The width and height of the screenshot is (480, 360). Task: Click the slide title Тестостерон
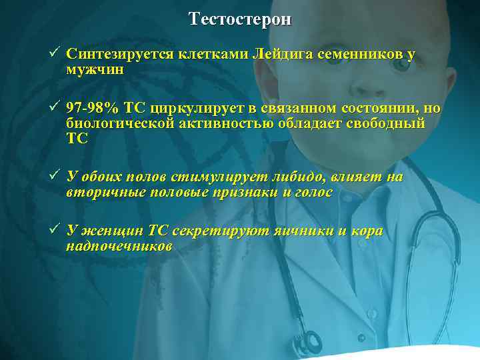tap(240, 19)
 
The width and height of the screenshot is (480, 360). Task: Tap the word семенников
tap(360, 55)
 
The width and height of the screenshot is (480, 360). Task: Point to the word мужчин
tap(95, 69)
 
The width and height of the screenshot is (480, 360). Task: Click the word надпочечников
tap(119, 246)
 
